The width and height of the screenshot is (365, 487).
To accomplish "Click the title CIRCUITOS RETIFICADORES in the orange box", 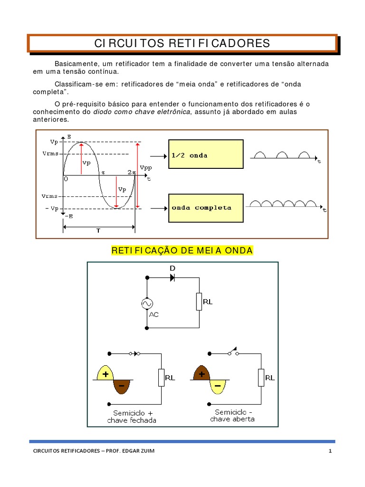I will tap(182, 43).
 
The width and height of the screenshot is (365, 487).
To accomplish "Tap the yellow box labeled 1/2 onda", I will tap(206, 154).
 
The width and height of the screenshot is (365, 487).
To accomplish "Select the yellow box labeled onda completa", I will tap(206, 207).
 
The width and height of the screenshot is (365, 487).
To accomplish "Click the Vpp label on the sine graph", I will tap(144, 168).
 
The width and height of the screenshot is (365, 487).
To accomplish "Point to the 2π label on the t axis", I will tap(131, 172).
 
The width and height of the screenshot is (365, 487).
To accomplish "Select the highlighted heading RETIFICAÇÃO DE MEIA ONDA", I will tap(182, 251).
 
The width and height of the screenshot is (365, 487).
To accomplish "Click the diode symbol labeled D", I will tap(172, 277).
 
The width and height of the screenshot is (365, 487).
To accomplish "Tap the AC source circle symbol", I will tap(147, 303).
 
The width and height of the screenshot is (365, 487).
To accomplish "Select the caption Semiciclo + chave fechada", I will tap(132, 417).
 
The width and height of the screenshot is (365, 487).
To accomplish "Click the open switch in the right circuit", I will tap(233, 352).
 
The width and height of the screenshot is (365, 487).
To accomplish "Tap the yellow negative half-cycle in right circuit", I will tap(218, 387).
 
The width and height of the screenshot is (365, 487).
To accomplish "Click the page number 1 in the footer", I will tap(329, 451).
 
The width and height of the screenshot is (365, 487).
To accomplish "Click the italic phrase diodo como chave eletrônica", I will tap(141, 112).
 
